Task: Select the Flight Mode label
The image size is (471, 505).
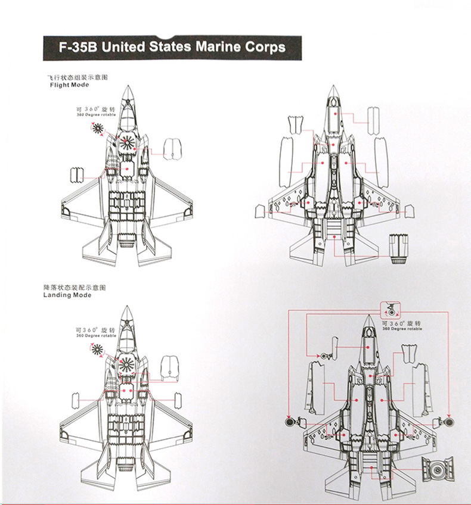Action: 69,85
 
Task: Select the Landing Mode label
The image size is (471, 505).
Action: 68,295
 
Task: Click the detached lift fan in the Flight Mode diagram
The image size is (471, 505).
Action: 98,129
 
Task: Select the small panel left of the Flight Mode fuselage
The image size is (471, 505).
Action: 76,174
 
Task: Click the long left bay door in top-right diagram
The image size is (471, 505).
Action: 286,161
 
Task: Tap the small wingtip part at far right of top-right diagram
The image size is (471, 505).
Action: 409,210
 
